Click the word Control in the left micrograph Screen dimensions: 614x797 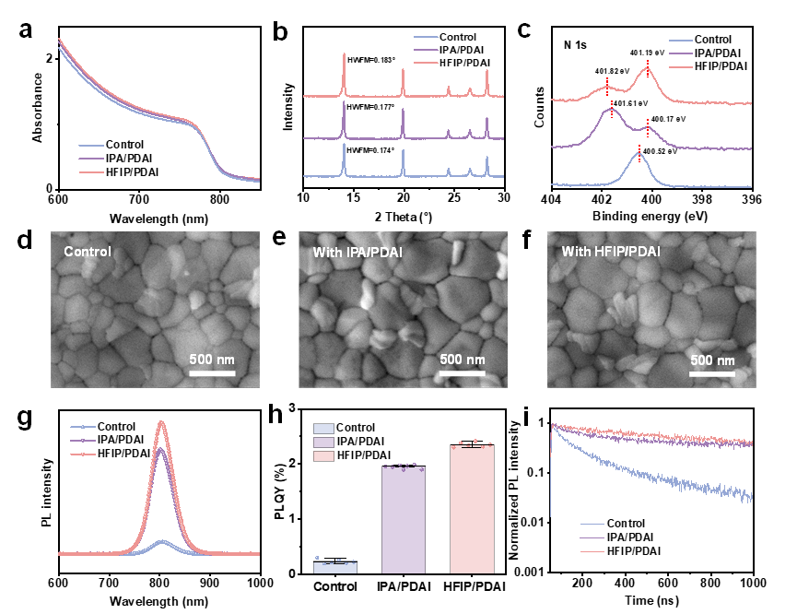88,252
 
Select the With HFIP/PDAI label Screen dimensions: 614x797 611,252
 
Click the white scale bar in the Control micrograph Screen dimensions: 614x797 212,373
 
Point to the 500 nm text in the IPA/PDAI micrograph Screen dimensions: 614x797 462,360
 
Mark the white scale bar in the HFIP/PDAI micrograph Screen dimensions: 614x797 712,373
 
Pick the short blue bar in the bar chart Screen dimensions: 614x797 335,567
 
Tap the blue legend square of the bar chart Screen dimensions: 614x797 323,429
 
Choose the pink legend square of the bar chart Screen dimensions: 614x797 323,455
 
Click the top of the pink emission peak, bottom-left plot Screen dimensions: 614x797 162,422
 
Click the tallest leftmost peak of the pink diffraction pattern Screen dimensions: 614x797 345,57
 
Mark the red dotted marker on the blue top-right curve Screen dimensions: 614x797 639,152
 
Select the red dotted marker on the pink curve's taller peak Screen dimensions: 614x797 648,67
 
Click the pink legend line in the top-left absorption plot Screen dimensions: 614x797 91,171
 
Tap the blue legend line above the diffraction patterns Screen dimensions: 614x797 426,37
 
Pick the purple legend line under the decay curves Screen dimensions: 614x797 593,537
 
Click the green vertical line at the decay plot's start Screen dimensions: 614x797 551,479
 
